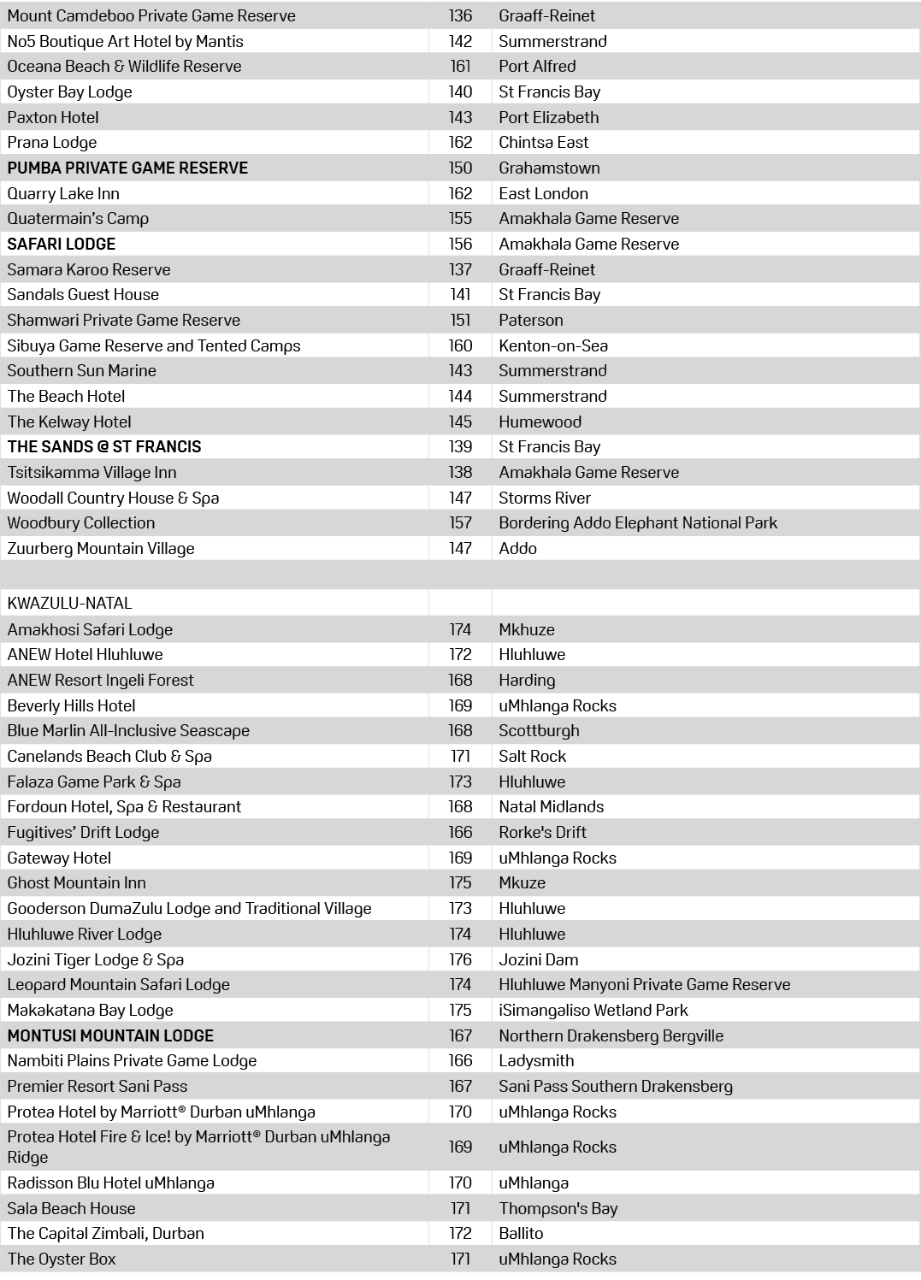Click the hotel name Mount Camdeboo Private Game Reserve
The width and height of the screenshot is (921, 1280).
pos(151,15)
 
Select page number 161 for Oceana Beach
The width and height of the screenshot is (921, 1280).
pos(460,66)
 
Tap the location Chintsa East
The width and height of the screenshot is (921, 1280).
pos(544,142)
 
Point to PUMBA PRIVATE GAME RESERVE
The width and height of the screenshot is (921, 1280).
pos(127,168)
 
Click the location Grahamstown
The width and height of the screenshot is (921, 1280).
pos(549,168)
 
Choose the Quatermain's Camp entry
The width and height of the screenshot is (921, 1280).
pos(78,218)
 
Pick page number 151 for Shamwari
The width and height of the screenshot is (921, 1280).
pos(460,320)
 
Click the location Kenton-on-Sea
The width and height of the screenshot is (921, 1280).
pos(553,345)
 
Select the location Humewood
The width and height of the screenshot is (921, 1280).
pos(540,422)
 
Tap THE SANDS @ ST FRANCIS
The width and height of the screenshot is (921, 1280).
pos(104,446)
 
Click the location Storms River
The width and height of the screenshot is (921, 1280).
pos(544,498)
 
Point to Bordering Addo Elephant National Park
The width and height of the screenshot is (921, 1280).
pos(638,522)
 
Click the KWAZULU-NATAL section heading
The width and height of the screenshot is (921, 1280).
pos(69,603)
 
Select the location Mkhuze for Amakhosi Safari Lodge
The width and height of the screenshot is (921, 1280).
pos(527,629)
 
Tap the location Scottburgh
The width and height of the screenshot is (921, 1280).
pos(539,730)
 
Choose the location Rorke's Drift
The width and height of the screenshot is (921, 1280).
pos(542,832)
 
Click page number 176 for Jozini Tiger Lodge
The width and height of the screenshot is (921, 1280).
pos(460,959)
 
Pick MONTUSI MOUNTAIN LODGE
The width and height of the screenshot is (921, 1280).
pos(110,1035)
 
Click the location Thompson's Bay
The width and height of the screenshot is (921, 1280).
pos(558,1208)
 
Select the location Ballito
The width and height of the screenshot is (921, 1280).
pos(521,1233)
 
